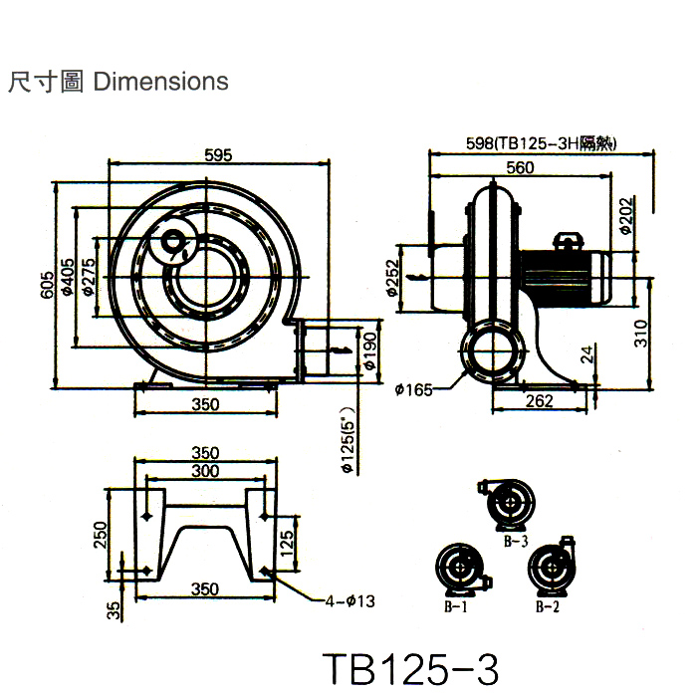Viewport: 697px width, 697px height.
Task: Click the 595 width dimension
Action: pyautogui.click(x=218, y=154)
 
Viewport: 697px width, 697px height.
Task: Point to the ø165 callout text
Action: pyautogui.click(x=412, y=389)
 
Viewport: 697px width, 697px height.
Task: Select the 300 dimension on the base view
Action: pyautogui.click(x=205, y=470)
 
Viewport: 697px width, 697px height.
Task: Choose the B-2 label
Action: pyautogui.click(x=546, y=606)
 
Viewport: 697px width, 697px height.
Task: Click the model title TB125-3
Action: pyautogui.click(x=410, y=669)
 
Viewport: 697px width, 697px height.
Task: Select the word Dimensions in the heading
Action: pyautogui.click(x=160, y=81)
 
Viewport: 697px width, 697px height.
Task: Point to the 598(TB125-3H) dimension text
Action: pyautogui.click(x=542, y=143)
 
